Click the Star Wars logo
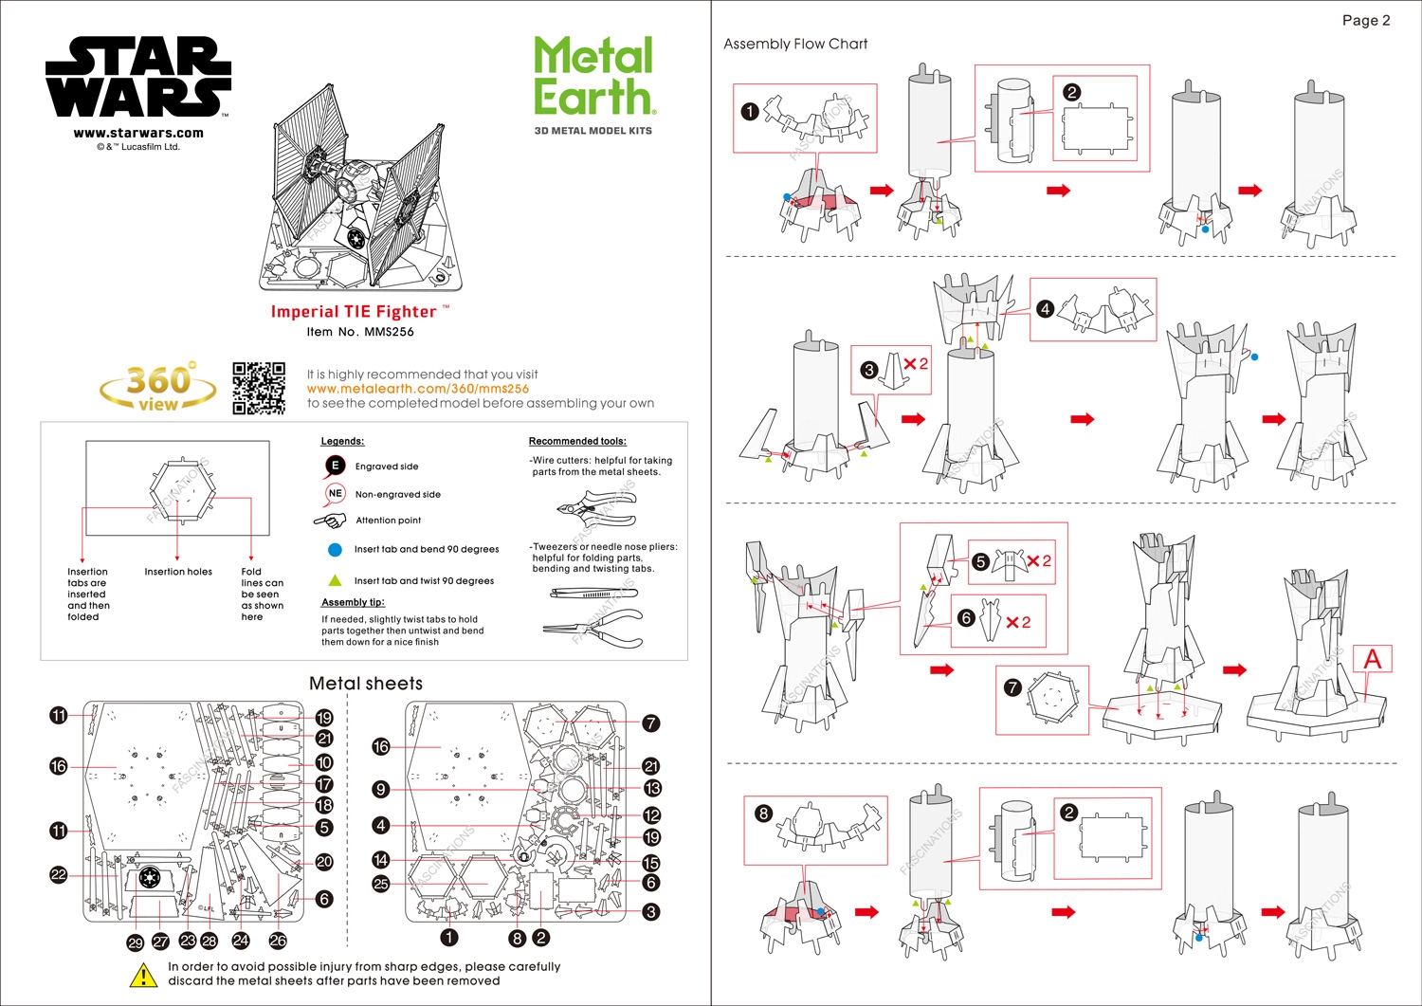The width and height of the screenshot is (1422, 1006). coord(138,78)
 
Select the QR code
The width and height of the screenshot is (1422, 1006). coord(259,388)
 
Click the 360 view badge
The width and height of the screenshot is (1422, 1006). coord(159,387)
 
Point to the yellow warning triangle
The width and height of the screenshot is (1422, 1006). coord(143,975)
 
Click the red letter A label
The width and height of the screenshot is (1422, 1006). coord(1372,659)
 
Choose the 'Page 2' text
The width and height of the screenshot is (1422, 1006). coord(1366,20)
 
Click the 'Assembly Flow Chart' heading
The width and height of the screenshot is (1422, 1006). coord(795,44)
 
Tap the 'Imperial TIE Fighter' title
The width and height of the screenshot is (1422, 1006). coord(355,312)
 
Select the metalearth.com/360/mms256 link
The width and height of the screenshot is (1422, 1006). coord(417,389)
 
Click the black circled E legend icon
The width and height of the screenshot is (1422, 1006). coord(335,466)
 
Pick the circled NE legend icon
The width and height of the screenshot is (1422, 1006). coord(335,493)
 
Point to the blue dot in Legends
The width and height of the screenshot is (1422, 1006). coord(335,549)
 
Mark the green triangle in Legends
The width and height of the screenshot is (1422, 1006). coord(335,580)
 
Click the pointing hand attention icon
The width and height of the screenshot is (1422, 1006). coord(330,521)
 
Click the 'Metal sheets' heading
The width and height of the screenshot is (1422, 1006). coord(366,684)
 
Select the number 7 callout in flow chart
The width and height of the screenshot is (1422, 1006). coord(1012,687)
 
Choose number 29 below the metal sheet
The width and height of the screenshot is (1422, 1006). coord(136,942)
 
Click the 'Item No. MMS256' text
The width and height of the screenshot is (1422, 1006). coord(360,332)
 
